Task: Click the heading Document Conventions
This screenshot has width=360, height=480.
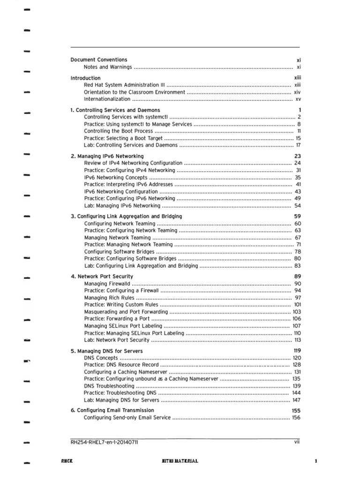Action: click(98, 60)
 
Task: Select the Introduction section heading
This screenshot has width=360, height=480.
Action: click(85, 78)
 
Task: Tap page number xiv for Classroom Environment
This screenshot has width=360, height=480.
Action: click(297, 92)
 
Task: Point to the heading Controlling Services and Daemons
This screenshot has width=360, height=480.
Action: click(115, 110)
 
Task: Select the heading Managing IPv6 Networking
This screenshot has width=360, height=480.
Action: click(107, 156)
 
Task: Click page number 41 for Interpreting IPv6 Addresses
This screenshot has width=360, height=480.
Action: click(298, 185)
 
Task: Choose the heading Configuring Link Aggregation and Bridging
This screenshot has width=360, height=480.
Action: click(126, 217)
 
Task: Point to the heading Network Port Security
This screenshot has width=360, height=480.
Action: click(102, 277)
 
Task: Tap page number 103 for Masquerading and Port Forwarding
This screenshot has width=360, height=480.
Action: click(296, 312)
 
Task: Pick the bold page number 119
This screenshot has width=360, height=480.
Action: click(297, 351)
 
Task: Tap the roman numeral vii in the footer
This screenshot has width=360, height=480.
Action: click(297, 442)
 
